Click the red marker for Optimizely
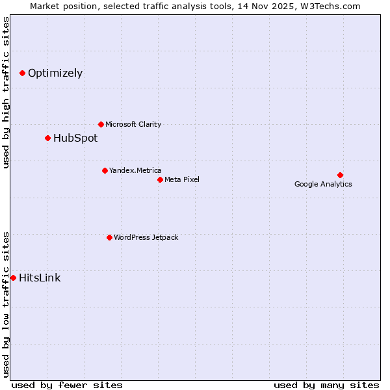coord(22,73)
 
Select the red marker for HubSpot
coord(47,138)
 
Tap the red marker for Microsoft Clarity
coord(101,124)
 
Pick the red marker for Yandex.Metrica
coord(105,170)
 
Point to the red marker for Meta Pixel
coord(160,179)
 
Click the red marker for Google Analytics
coord(340,175)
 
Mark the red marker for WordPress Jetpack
coord(109,237)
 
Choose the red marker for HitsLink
coord(13,278)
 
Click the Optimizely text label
coord(55,73)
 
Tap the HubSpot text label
coord(75,138)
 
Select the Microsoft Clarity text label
coord(133,124)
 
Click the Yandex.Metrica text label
coord(135,170)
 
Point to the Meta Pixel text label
coord(182,179)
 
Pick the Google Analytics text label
coord(323,184)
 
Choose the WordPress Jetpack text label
coord(146,237)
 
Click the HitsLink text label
coord(40,278)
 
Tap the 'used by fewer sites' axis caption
coord(67,385)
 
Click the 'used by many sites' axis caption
coord(326,385)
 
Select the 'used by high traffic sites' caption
coord(6,92)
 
